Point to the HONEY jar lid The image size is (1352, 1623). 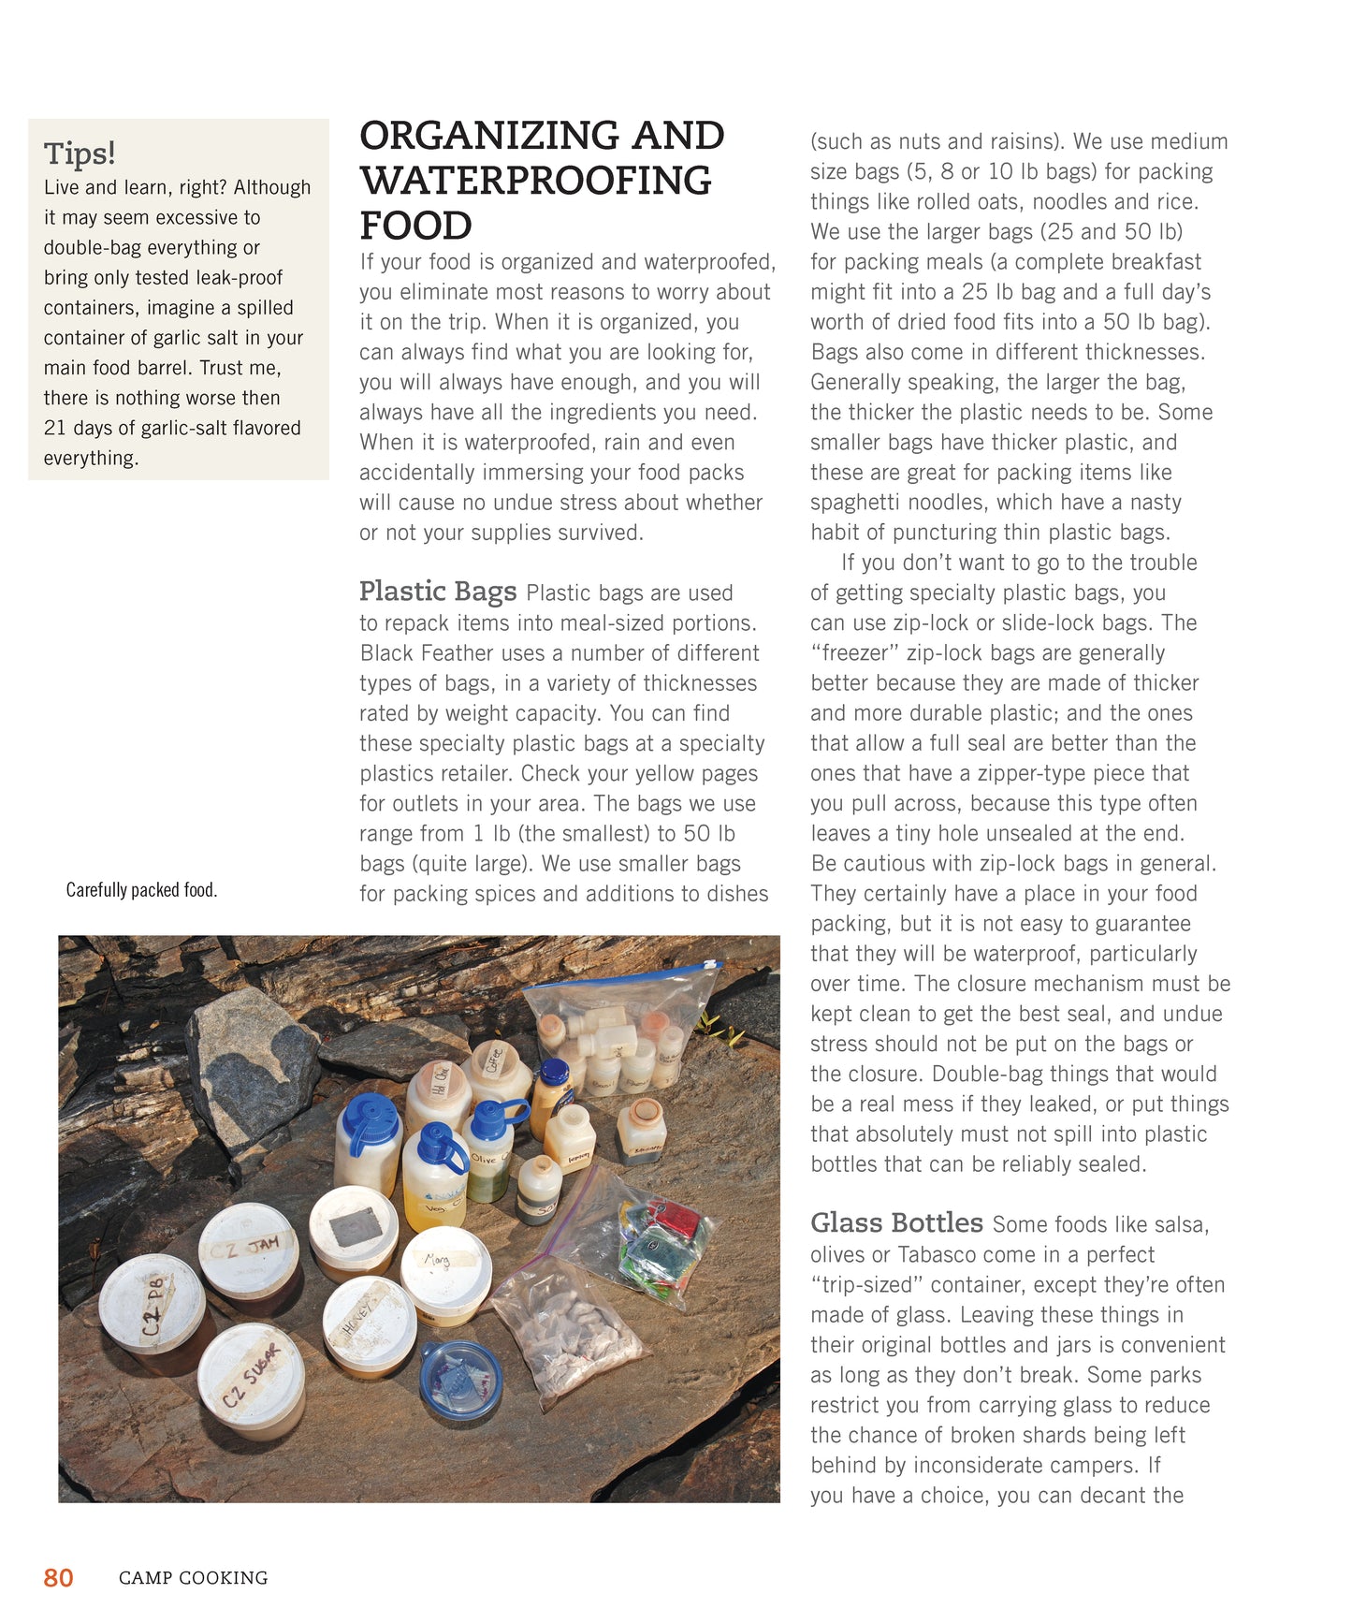[369, 1315]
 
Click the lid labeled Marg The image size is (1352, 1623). [445, 1264]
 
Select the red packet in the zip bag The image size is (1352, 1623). [676, 1220]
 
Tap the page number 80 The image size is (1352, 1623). [58, 1577]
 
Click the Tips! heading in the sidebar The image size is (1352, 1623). [80, 153]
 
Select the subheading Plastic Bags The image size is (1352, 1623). [437, 591]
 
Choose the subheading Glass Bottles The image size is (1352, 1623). [895, 1222]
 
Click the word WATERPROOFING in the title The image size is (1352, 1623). [535, 181]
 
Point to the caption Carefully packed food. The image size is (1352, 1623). [141, 889]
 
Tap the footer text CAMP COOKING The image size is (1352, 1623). [193, 1578]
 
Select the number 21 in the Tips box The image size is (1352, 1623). [54, 428]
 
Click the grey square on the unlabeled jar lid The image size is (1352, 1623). [356, 1227]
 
